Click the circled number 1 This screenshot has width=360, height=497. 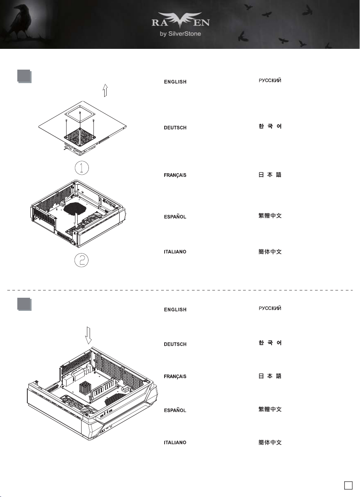[x=82, y=168]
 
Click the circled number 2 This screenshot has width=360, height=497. [x=82, y=260]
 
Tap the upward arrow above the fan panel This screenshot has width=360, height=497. [x=105, y=90]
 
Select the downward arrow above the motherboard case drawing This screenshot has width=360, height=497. [x=88, y=335]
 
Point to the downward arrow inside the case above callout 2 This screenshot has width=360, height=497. [x=76, y=220]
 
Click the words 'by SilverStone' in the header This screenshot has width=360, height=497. [x=180, y=34]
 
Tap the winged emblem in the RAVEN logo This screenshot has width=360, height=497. [x=180, y=20]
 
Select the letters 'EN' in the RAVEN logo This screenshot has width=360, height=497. [x=201, y=23]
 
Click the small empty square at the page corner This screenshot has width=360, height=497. [x=348, y=485]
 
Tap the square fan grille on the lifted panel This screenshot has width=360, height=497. [x=80, y=137]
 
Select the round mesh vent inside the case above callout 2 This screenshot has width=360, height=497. [x=75, y=209]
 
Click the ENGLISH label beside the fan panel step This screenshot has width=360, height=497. [x=175, y=82]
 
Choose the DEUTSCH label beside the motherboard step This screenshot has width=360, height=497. [x=175, y=344]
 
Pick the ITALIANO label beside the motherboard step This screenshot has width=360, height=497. [x=175, y=442]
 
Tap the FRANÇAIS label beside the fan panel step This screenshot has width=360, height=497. [x=175, y=175]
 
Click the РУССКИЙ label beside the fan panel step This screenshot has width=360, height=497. [x=270, y=80]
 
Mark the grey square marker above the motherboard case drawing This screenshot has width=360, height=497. [x=24, y=304]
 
